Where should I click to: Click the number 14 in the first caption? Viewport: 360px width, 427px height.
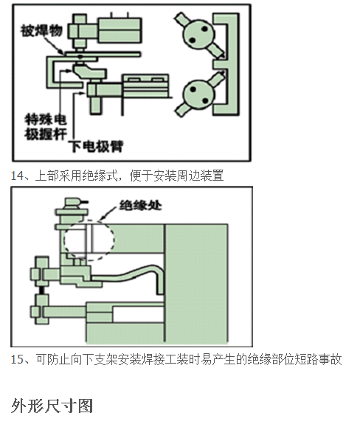(17, 176)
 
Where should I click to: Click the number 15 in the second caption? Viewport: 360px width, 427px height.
(17, 359)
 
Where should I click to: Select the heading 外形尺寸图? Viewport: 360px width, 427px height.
(52, 406)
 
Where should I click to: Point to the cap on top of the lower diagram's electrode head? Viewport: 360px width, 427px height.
(75, 201)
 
